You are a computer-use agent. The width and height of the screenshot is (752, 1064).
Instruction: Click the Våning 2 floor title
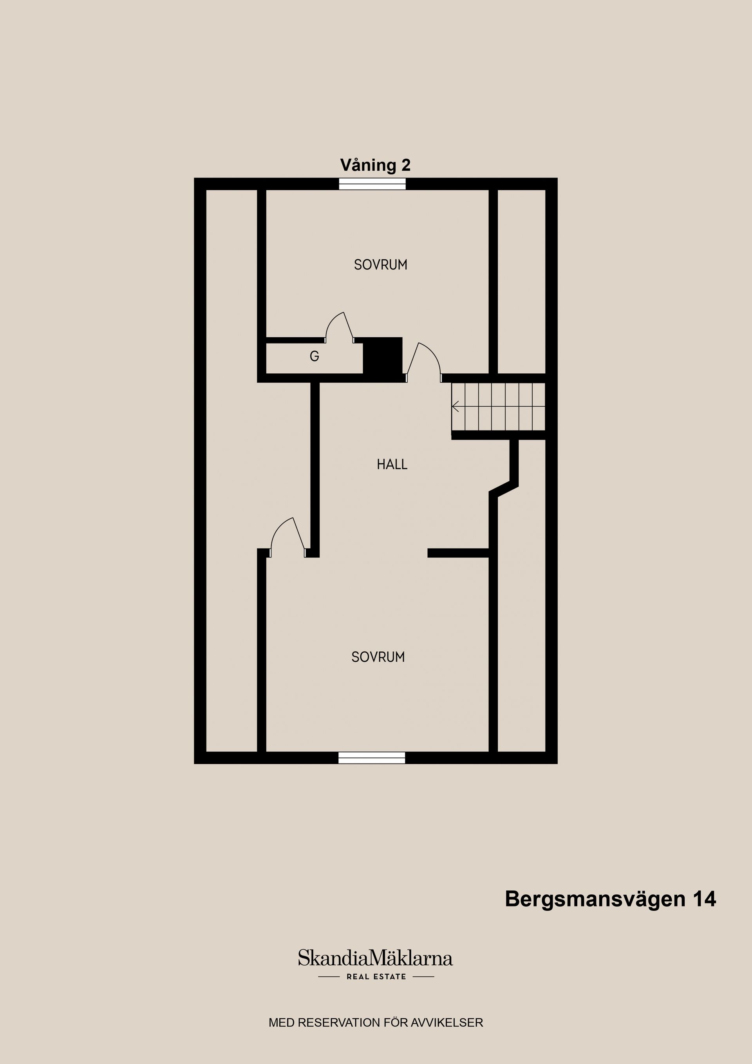[x=375, y=165]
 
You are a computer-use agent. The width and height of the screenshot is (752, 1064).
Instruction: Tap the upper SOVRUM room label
[x=380, y=264]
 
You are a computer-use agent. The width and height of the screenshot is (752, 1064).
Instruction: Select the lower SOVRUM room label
[x=378, y=657]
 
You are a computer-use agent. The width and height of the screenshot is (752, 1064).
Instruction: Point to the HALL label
[x=392, y=464]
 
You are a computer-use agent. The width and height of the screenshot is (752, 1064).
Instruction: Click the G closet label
[x=314, y=356]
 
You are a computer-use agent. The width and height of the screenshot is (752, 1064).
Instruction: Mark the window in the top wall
[x=372, y=184]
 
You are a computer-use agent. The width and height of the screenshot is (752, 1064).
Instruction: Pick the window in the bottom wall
[x=372, y=758]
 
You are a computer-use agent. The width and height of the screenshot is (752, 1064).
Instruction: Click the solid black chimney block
[x=382, y=355]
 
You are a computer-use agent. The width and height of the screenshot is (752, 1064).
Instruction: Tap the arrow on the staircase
[x=456, y=406]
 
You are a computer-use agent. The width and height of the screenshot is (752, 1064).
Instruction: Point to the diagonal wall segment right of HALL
[x=504, y=489]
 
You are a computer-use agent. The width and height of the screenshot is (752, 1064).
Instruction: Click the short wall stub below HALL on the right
[x=458, y=553]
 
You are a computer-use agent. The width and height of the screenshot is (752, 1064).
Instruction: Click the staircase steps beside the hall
[x=499, y=406]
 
